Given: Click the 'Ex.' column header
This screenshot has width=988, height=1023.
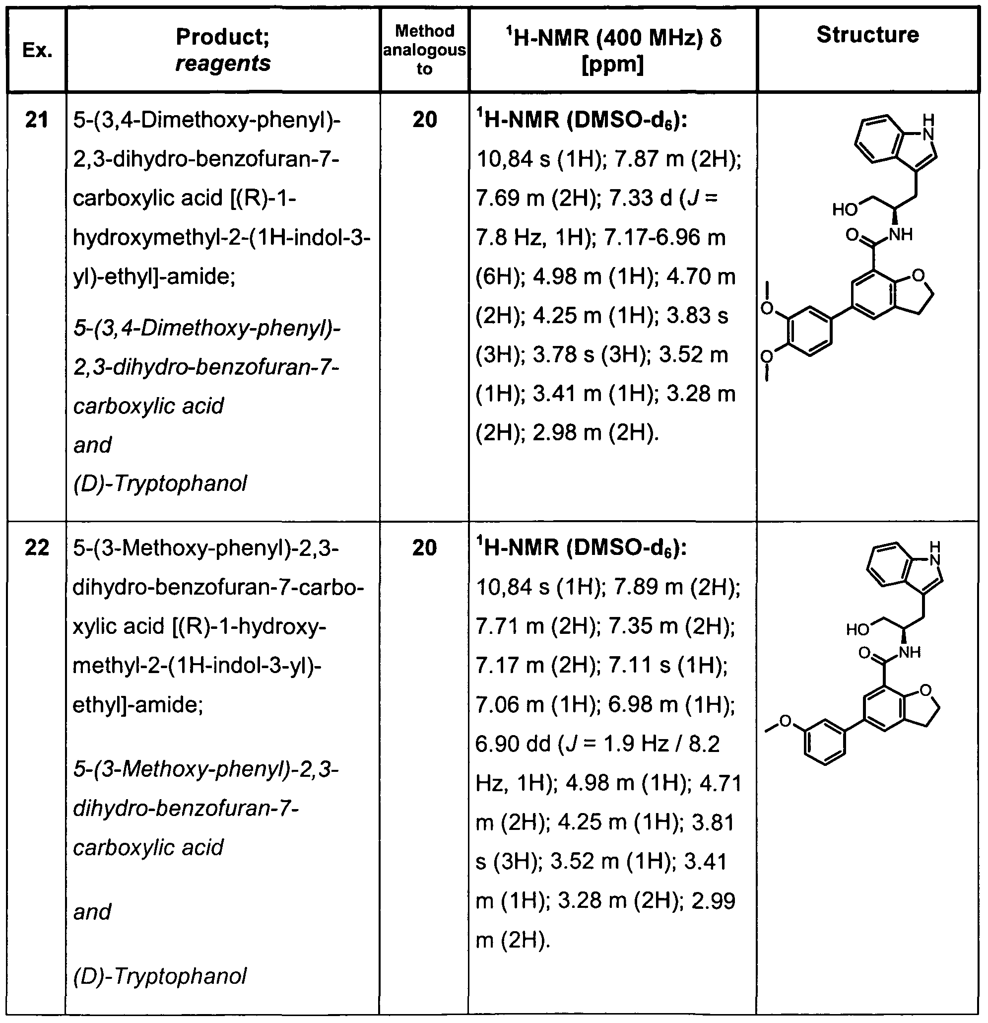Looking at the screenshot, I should coord(37,51).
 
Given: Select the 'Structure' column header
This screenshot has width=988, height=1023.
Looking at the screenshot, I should coord(867,35).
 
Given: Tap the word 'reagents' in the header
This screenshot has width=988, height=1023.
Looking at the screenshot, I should coord(223,64).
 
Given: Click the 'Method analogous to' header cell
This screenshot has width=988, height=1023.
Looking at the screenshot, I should coord(424,50).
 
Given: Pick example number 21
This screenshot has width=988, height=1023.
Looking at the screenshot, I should coord(37,120).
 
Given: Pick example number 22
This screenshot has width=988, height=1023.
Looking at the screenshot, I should coord(37,548).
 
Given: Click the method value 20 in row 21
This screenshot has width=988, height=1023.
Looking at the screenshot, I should coord(424,120).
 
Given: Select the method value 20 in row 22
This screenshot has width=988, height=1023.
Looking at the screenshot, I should coord(424,548).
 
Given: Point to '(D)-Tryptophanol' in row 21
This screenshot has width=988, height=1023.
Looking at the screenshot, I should coord(160,484).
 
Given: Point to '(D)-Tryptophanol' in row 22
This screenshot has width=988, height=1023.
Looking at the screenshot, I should coord(160,976).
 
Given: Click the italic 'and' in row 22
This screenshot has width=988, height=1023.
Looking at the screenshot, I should coord(92,912).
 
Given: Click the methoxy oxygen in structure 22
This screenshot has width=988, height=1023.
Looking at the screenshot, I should coord(785,722).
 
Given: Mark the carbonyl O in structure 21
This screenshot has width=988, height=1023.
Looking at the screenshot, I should coord(853,235).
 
